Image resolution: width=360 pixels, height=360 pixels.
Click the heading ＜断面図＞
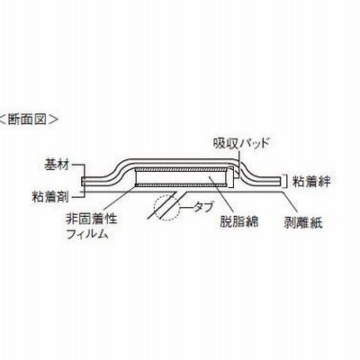29,120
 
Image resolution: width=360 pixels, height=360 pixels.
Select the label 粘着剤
50,197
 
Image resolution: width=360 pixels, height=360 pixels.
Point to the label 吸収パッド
240,143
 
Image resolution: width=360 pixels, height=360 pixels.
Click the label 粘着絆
311,181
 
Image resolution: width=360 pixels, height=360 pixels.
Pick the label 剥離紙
303,223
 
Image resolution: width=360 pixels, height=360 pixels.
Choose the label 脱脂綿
239,221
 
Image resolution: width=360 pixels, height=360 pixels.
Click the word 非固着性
91,220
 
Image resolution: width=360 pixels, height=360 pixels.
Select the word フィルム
86,234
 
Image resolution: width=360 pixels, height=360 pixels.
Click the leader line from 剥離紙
291,203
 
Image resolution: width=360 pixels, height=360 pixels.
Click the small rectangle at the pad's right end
230,177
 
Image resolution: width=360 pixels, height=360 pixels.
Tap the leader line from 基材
79,172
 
